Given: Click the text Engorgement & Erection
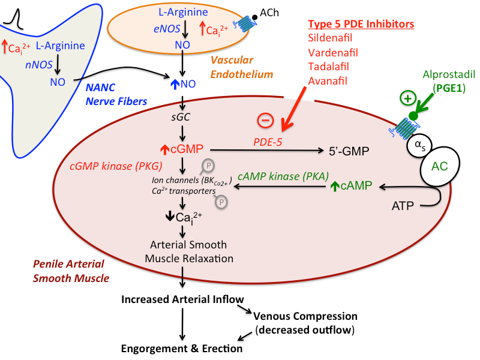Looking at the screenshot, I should pyautogui.click(x=182, y=348).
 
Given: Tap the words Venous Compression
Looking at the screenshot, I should pyautogui.click(x=305, y=316).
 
